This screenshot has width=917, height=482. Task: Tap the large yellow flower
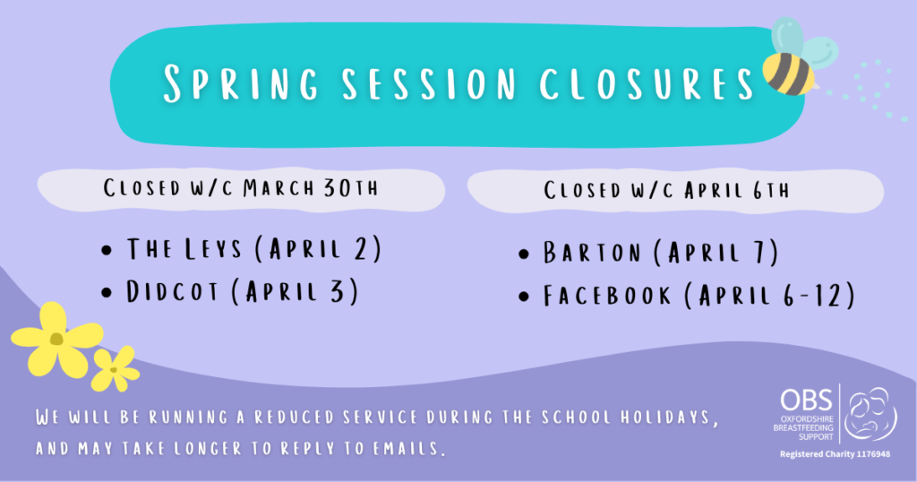click(x=57, y=338)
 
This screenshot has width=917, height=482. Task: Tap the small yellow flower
click(x=114, y=368)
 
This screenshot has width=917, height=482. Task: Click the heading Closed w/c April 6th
click(x=666, y=190)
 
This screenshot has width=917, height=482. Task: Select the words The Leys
click(x=184, y=248)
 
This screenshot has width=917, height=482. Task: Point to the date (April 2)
click(x=318, y=248)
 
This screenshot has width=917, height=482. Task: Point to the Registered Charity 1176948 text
click(x=836, y=453)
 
